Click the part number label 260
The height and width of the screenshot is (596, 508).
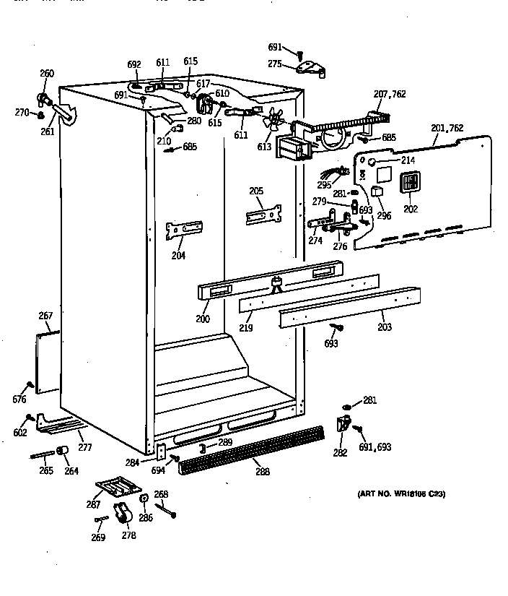pos(46,73)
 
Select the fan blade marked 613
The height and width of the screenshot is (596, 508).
pos(274,119)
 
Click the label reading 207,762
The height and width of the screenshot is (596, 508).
pos(389,94)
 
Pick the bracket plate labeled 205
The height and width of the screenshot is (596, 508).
pos(262,215)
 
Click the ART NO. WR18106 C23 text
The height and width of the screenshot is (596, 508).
pos(402,494)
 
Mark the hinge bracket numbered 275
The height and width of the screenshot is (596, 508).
pos(311,68)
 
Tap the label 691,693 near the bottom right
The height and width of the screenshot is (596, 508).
pos(375,447)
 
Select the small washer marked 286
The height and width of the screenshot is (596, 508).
pos(144,498)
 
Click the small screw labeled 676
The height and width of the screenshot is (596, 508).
pos(30,384)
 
